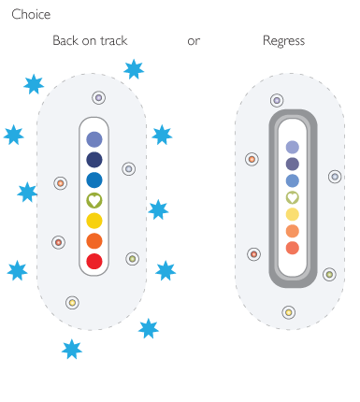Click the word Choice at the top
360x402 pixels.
[x=31, y=15]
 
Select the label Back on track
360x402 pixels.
[x=90, y=41]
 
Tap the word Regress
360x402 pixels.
[x=283, y=41]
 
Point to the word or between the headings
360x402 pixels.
[x=194, y=41]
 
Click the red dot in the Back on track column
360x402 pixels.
[x=94, y=261]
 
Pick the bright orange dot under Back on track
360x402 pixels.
[x=94, y=241]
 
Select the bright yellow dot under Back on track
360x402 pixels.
[x=94, y=221]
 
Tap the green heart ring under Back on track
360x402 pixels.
[x=94, y=200]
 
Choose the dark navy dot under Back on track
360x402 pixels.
[x=94, y=160]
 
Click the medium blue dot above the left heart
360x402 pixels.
[x=94, y=180]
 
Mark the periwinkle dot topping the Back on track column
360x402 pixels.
[x=94, y=139]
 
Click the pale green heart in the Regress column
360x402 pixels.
[x=292, y=197]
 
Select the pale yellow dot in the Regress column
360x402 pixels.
[x=292, y=214]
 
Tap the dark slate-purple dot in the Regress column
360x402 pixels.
[x=292, y=164]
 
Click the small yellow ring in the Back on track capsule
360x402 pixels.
[x=72, y=302]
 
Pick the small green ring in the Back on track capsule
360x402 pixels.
[x=132, y=259]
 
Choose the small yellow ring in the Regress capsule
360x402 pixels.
[x=289, y=311]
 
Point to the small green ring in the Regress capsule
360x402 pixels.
[x=329, y=274]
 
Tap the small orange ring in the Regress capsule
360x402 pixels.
[x=252, y=160]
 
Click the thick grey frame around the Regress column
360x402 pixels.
[x=274, y=201]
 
